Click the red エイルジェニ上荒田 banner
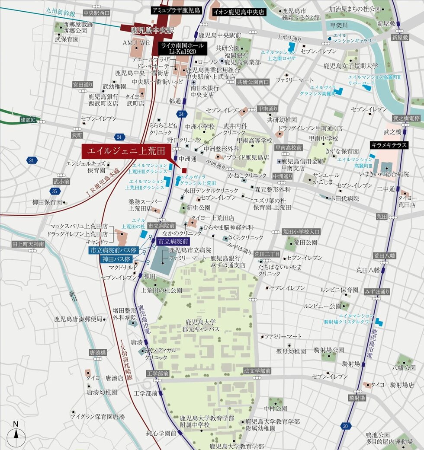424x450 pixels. tap(126, 152)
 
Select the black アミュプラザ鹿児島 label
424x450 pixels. tap(176, 10)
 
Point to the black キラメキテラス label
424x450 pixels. tap(389, 145)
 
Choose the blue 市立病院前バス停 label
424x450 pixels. tap(113, 250)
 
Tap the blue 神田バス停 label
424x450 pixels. tap(116, 259)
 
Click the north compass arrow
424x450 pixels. tap(16, 429)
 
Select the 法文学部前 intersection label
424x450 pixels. tap(257, 371)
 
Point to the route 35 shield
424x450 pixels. tap(54, 191)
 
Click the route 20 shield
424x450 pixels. tap(344, 426)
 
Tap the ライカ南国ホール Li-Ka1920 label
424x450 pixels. tap(184, 48)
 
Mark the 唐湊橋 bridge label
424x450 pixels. tap(98, 353)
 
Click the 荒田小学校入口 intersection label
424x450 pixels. tap(301, 232)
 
